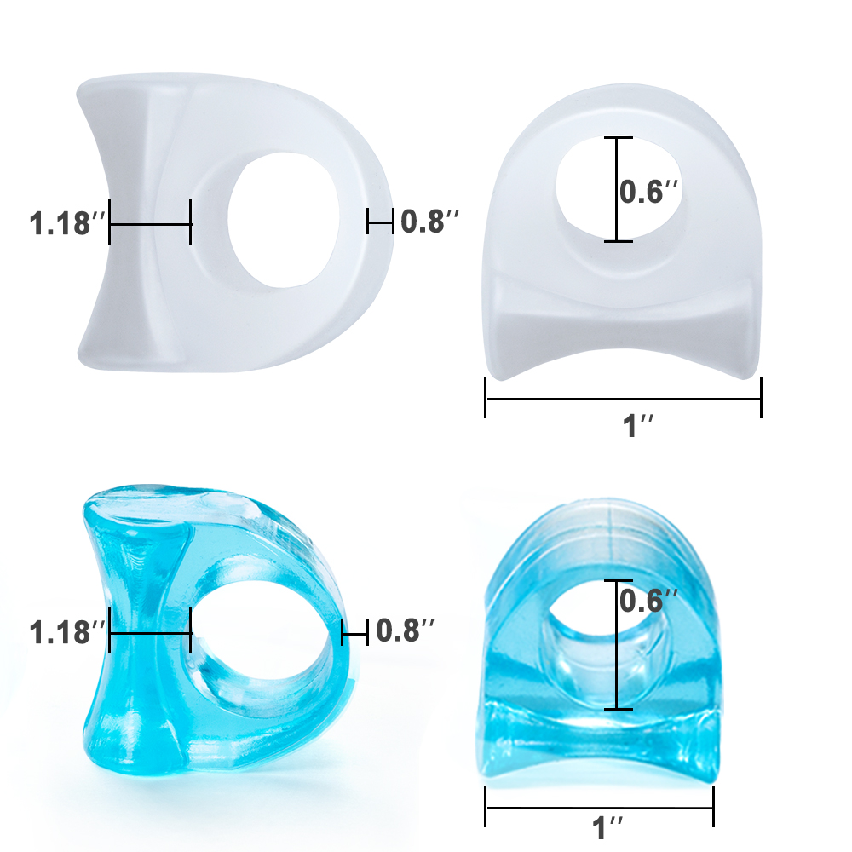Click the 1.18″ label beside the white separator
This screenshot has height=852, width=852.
(66, 225)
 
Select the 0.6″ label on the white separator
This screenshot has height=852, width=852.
(649, 192)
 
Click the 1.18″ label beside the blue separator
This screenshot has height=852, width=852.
(66, 633)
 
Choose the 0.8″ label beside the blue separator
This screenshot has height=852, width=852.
(406, 630)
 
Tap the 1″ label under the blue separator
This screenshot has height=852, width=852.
(608, 826)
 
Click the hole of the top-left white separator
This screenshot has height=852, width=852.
(278, 220)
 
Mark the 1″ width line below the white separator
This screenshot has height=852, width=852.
(623, 397)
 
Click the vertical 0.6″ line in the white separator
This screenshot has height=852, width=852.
(618, 189)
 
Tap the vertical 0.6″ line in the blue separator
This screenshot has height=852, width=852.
(618, 645)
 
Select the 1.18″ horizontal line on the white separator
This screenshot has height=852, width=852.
(150, 224)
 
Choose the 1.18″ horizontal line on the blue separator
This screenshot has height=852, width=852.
(150, 633)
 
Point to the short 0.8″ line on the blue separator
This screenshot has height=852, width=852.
(354, 631)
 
